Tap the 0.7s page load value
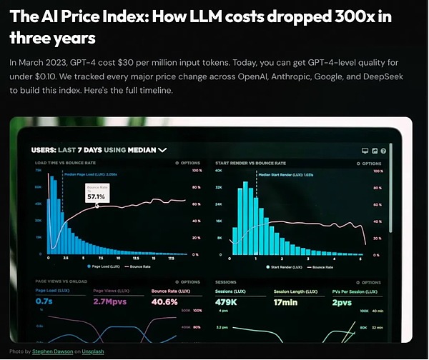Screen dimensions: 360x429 click(x=44, y=301)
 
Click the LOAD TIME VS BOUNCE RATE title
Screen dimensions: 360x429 click(x=65, y=163)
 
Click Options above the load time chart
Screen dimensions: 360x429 click(x=188, y=163)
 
